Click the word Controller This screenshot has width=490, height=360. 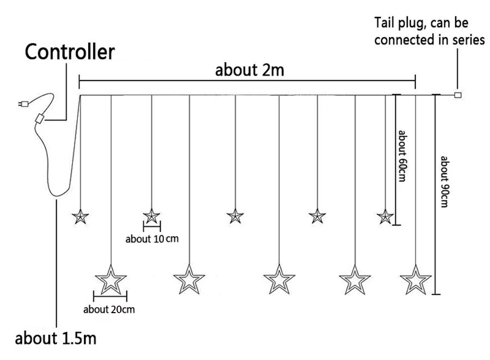point(70,52)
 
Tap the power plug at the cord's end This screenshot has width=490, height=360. point(23,103)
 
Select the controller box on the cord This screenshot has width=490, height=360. point(39,119)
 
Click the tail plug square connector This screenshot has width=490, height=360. point(457,95)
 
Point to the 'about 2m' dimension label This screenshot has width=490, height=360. point(250,70)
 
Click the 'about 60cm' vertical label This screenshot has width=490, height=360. point(402,156)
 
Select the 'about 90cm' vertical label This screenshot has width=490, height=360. point(444,181)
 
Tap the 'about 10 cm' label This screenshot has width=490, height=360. point(152,239)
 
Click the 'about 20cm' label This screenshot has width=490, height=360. point(109,309)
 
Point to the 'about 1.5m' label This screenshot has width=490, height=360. point(56,338)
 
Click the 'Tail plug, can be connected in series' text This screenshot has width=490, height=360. point(430,31)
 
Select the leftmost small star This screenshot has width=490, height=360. point(81,217)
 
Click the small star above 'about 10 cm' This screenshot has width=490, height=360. point(151,216)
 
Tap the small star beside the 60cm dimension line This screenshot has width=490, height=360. point(385,217)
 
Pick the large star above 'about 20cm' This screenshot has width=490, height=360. point(111,280)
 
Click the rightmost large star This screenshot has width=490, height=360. point(415,280)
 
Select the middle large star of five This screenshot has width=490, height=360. point(279,280)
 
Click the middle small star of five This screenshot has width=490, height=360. point(235,216)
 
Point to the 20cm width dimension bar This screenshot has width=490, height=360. point(111,296)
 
